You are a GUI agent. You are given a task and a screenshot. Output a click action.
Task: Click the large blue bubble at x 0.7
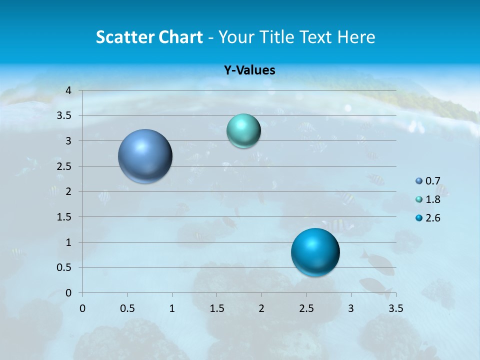point(145,156)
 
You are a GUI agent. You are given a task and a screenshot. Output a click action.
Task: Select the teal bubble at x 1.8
point(243,131)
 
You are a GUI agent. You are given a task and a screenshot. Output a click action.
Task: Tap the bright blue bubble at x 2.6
point(315,252)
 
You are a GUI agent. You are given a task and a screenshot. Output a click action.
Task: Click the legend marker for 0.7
point(419,181)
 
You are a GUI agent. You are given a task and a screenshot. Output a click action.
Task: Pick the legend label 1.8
point(433,199)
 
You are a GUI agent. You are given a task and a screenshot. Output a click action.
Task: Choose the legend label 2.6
point(433,218)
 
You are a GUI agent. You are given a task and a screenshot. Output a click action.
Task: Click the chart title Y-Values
point(249,70)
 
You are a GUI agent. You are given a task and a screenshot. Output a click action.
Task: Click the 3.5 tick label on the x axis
point(395,308)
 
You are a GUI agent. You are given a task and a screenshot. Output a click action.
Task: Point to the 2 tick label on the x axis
point(261,308)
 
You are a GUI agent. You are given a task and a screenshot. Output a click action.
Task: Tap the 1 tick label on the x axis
point(172,308)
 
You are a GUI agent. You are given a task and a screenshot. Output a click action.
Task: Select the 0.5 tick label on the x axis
point(127,308)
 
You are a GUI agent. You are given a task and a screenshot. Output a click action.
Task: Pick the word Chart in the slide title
point(180,37)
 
